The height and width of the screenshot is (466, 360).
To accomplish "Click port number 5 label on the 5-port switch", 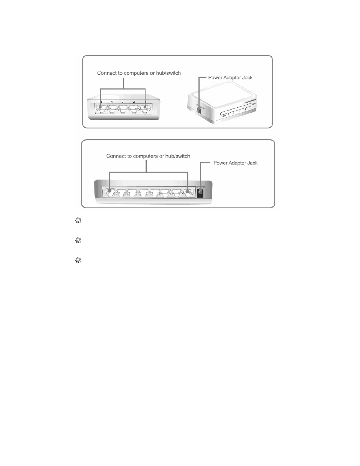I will coord(102,102).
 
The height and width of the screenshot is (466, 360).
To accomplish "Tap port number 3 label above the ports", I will coord(123,102).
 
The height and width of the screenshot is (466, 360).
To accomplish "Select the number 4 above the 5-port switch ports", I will coord(112,102).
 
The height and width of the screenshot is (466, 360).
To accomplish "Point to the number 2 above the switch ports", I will coord(134,102).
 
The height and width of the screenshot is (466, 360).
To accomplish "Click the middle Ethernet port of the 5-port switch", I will coord(123,110).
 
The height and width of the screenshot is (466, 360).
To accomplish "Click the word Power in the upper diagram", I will coord(215,78).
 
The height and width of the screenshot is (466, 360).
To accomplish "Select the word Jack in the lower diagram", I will coord(252,163).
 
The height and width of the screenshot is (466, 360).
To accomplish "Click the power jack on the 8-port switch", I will coord(200,193).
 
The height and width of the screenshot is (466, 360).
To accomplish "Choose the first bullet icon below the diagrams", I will coord(78,221).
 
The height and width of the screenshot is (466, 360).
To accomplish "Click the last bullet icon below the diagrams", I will coord(78,260).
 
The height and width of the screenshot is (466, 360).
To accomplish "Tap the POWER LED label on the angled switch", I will coord(224,116).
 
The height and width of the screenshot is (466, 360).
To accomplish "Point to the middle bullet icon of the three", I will coord(78,240).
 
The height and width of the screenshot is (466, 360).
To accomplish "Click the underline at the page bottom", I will coord(58,463).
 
